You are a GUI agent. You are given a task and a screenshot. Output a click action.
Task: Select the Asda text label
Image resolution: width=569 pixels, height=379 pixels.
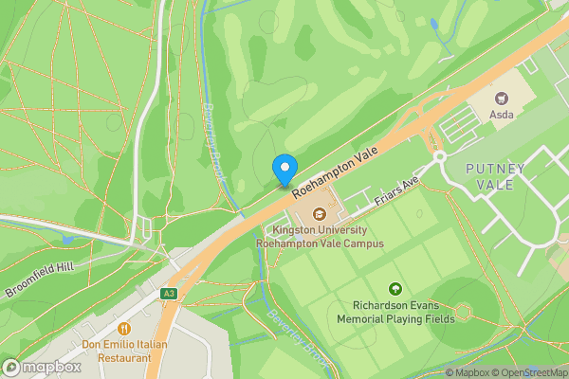(x=502, y=115)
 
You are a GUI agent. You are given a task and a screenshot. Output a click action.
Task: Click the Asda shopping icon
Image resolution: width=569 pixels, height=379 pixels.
(x=502, y=97)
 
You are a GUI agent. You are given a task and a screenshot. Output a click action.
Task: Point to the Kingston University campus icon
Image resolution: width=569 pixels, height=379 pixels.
(x=320, y=211)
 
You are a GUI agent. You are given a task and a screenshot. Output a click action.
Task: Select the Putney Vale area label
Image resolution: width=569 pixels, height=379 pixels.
(x=495, y=176)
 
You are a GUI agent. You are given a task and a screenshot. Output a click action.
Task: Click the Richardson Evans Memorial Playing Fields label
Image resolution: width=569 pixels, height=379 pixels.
(x=395, y=313)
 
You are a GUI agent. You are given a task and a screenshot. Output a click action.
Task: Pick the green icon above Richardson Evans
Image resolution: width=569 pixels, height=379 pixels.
(x=395, y=289)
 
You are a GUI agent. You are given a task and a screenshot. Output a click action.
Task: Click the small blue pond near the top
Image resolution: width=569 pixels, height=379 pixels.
(x=433, y=23)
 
